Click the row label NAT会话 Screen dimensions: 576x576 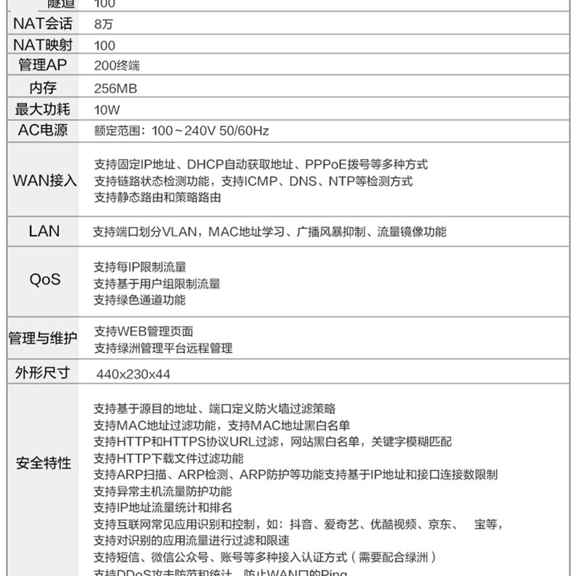(x=42, y=23)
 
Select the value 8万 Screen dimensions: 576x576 (x=104, y=24)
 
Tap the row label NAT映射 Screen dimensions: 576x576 (x=42, y=44)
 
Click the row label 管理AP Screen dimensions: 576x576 (x=42, y=66)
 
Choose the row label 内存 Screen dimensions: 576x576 (x=42, y=87)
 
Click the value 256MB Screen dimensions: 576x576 (x=116, y=88)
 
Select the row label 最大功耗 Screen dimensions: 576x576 (x=42, y=109)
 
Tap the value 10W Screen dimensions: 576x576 (x=106, y=110)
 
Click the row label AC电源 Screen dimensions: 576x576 (x=42, y=131)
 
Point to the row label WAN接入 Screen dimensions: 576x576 (x=44, y=180)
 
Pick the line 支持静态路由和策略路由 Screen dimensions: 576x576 (x=157, y=197)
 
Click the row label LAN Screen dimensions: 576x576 (x=44, y=231)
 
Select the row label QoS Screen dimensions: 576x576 (x=44, y=280)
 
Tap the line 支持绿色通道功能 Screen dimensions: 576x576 (x=140, y=300)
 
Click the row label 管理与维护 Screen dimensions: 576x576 (x=42, y=339)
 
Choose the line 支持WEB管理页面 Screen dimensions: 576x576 (x=144, y=332)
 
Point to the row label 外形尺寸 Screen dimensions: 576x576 (x=42, y=373)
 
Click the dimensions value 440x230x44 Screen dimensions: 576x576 (x=133, y=374)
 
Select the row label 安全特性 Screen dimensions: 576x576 (x=44, y=463)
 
